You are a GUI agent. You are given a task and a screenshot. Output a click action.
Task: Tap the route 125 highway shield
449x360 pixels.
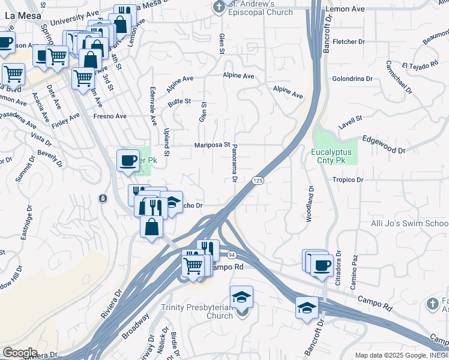[258, 181]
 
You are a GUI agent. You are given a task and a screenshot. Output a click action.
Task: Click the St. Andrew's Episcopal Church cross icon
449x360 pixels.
[220, 6]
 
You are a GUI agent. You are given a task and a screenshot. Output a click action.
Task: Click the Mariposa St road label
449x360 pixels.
[212, 145]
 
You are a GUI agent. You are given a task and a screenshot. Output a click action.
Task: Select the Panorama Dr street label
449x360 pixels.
[235, 163]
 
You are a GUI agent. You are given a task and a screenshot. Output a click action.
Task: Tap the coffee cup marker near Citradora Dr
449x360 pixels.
[322, 265]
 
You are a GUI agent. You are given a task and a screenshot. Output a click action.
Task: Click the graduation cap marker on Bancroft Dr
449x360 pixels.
[307, 308]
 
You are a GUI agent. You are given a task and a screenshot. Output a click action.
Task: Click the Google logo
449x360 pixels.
[20, 352]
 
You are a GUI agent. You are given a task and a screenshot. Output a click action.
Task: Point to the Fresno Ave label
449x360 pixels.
[110, 116]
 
